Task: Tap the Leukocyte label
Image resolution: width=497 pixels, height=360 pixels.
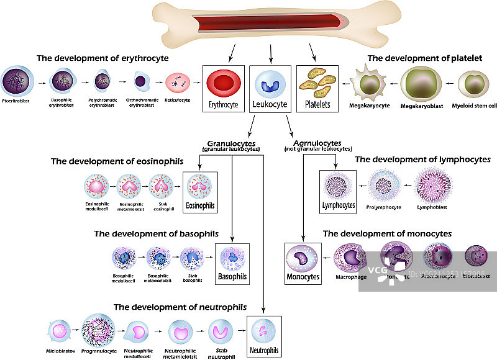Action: (271, 104)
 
